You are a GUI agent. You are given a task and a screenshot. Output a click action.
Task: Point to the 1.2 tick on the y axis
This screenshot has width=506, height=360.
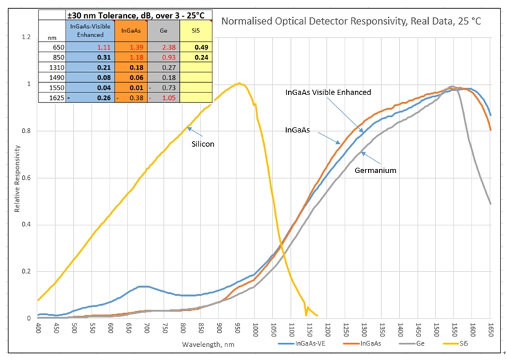26,37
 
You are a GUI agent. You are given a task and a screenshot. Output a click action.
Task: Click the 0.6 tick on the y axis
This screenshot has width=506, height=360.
26,177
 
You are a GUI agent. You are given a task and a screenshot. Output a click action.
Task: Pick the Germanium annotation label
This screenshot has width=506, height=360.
376,170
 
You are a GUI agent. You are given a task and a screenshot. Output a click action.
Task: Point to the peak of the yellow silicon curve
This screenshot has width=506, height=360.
239,83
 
